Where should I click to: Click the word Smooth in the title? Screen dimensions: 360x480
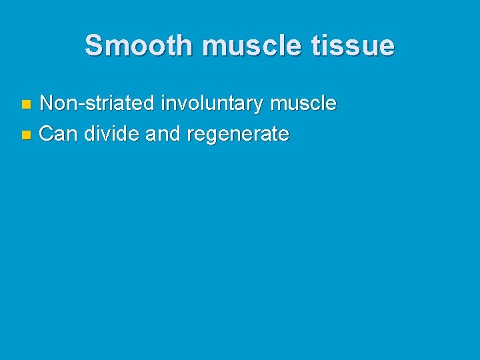tap(139, 46)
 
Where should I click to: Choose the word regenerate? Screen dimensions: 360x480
tap(238, 134)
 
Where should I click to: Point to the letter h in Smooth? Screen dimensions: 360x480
tap(185, 46)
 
